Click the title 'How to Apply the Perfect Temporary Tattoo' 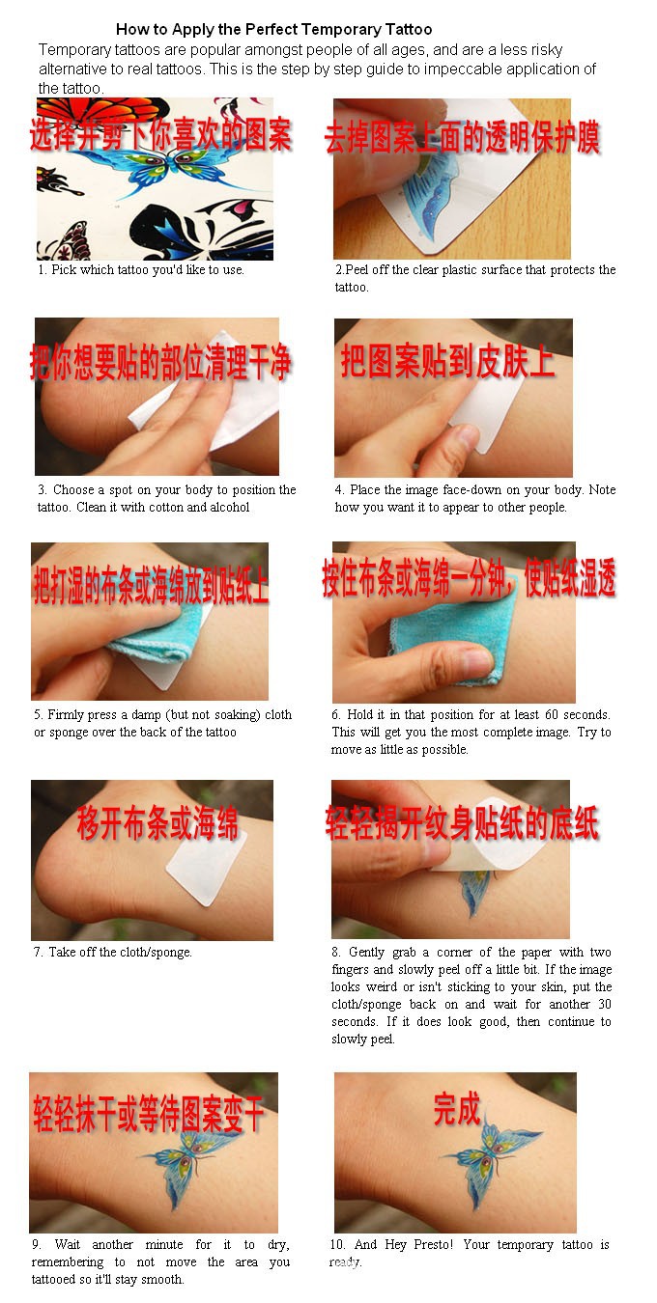click(273, 29)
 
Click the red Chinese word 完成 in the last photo click(456, 1109)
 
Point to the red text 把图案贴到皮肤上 click(447, 362)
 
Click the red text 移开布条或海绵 click(157, 824)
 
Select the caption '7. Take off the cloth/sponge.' click(113, 952)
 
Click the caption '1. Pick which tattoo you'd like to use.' click(141, 270)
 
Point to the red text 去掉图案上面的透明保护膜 click(462, 138)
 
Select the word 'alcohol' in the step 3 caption click(230, 507)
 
